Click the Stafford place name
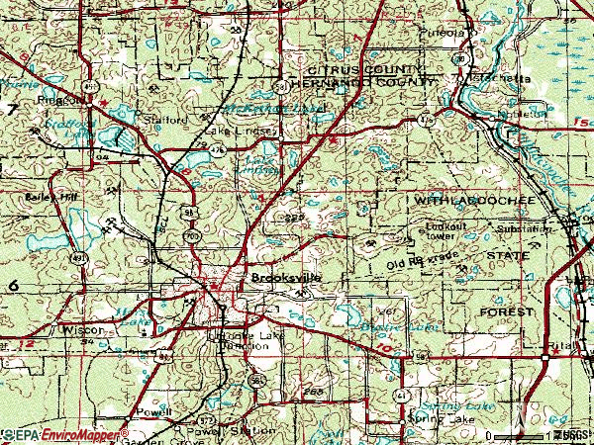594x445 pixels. tap(166, 120)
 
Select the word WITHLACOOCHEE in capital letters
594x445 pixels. tap(474, 201)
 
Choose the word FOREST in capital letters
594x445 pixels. tap(507, 311)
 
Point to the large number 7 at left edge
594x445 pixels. tap(11, 109)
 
